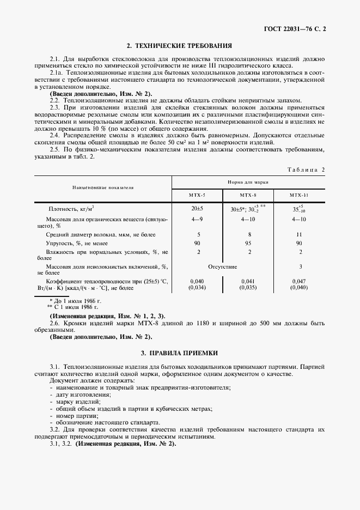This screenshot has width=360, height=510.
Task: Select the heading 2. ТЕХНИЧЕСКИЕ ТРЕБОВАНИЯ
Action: [179, 46]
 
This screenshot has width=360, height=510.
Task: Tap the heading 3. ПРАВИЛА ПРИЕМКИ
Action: [179, 354]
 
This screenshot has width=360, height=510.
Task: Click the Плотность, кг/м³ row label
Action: [71, 209]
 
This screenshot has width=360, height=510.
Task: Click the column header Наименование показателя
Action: [103, 187]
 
